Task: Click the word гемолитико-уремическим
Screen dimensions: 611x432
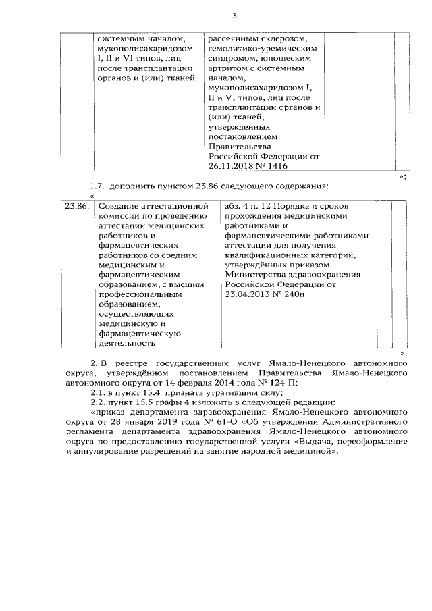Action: (x=250, y=49)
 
